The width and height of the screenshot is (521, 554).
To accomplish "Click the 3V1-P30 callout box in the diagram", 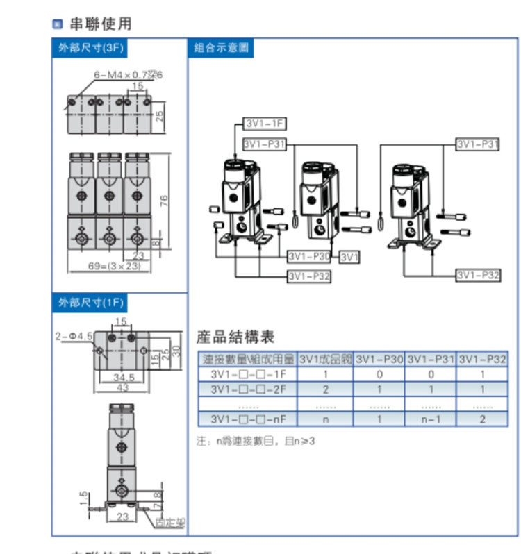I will pyautogui.click(x=309, y=256).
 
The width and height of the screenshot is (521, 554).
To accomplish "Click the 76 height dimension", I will pyautogui.click(x=164, y=201).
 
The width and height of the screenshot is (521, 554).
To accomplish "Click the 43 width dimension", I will pyautogui.click(x=122, y=387).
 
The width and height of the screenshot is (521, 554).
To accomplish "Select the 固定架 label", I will pyautogui.click(x=166, y=521).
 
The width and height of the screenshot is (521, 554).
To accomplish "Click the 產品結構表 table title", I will pyautogui.click(x=235, y=338).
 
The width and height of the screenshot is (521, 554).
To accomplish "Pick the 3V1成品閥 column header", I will pyautogui.click(x=325, y=360).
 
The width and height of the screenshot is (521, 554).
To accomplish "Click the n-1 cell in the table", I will pyautogui.click(x=431, y=419).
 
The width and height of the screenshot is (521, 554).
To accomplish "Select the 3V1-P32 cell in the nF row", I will pyautogui.click(x=482, y=419).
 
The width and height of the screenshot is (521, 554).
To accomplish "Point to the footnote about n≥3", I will pyautogui.click(x=257, y=441).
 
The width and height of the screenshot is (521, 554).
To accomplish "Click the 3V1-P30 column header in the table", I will pyautogui.click(x=379, y=360).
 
